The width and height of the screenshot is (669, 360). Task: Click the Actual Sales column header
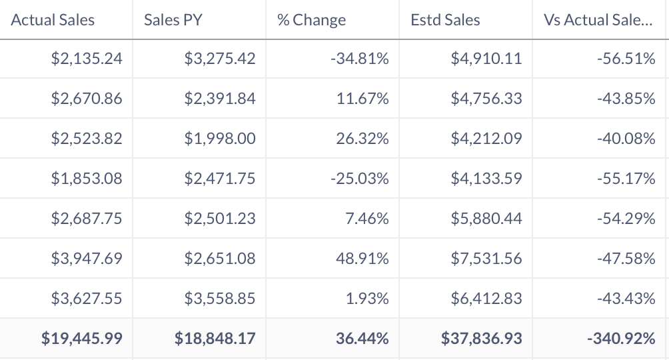(53, 20)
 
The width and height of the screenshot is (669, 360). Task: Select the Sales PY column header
(173, 20)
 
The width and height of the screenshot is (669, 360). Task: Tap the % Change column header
(311, 20)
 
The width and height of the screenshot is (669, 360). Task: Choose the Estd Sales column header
(445, 20)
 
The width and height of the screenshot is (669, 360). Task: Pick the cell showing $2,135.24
(87, 59)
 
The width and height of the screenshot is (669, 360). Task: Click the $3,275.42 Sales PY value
(220, 59)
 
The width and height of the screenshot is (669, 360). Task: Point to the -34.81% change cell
(360, 59)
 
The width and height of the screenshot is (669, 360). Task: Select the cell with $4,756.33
(486, 99)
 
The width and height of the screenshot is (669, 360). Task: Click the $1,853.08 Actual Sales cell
(87, 179)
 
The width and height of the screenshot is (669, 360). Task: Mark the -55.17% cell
(626, 179)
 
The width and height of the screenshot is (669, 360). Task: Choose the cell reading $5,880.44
(486, 218)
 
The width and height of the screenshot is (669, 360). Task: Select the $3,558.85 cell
(220, 298)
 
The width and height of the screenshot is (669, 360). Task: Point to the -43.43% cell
(626, 298)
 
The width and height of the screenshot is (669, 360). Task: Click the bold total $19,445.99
(82, 339)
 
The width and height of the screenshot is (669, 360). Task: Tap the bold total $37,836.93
(482, 339)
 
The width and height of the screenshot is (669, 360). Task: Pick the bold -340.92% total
(621, 339)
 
